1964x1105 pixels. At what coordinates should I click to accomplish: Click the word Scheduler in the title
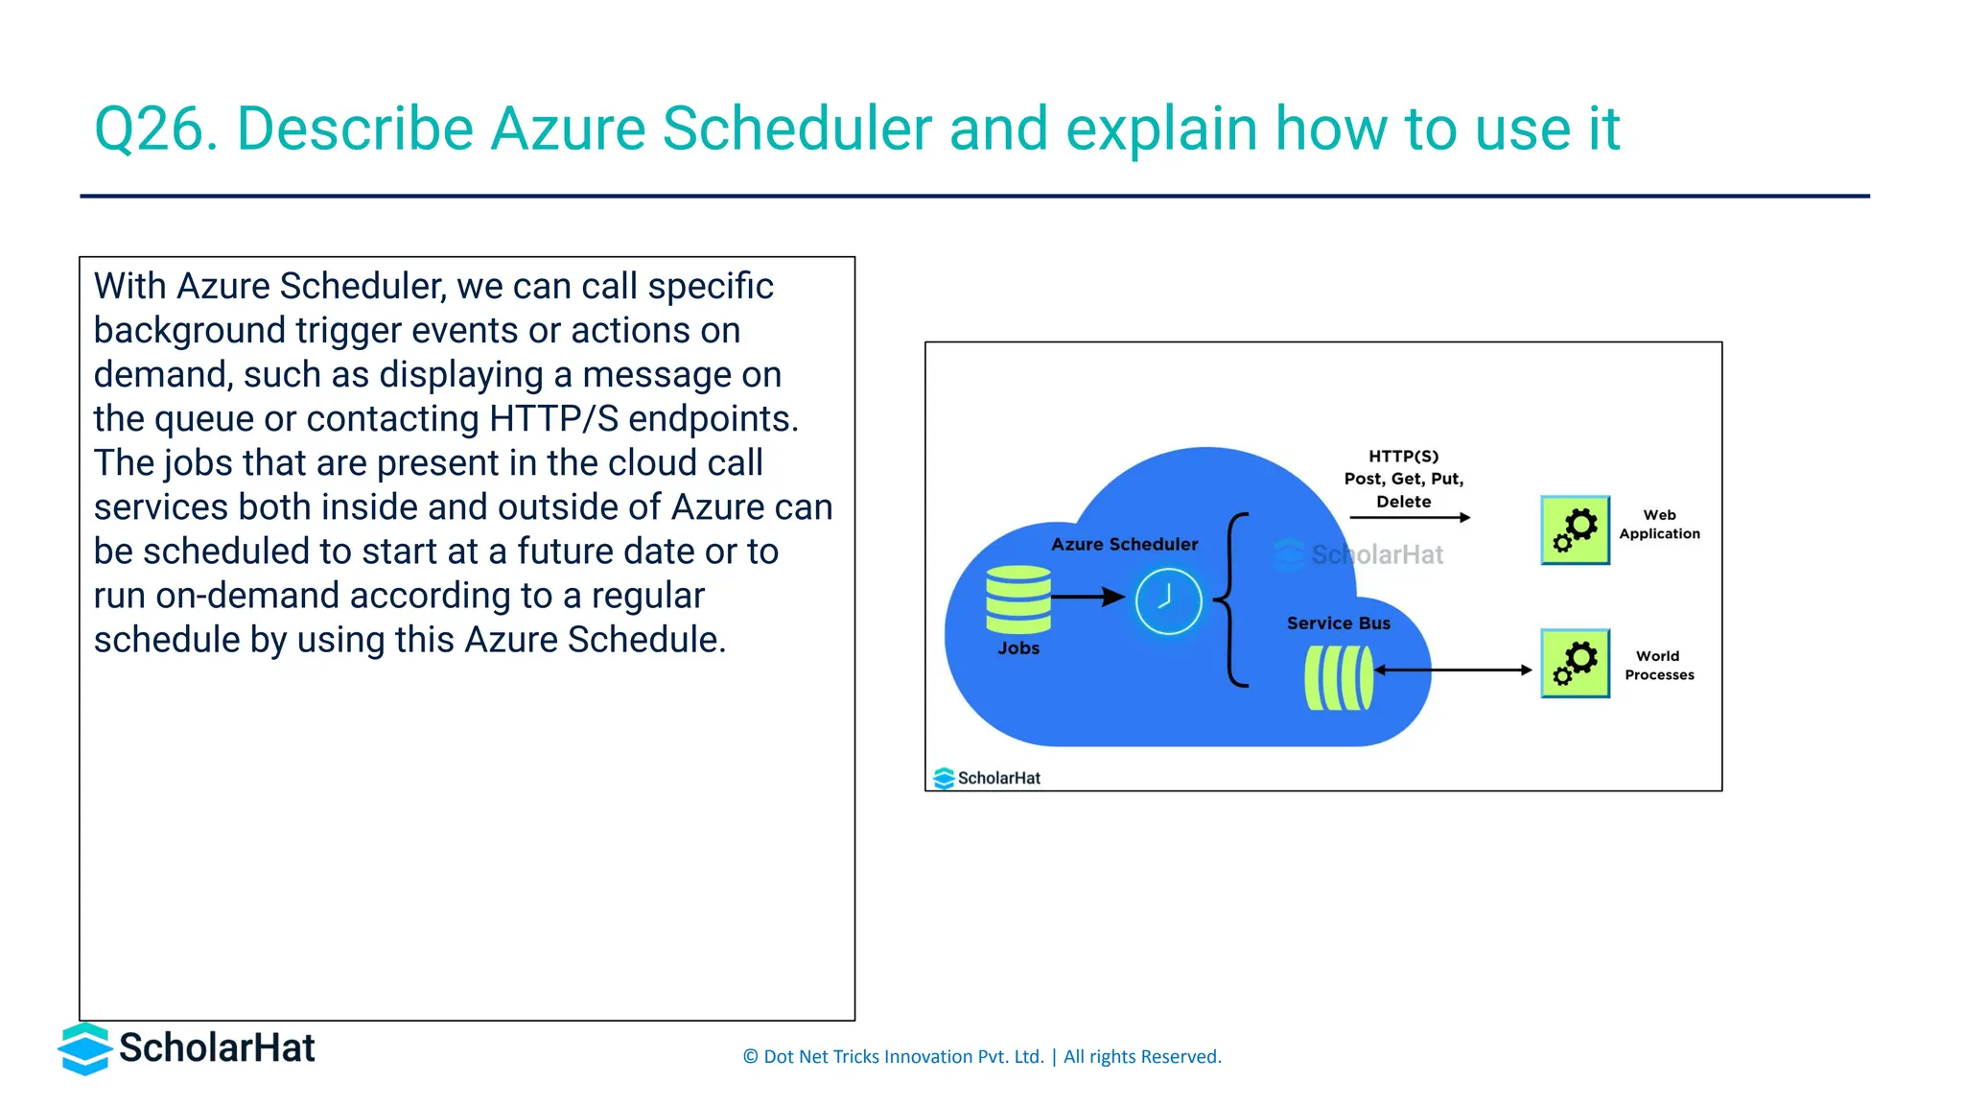(x=797, y=129)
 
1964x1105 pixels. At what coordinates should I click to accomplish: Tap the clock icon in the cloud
(x=1168, y=601)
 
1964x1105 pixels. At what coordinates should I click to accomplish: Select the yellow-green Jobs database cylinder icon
(x=1018, y=600)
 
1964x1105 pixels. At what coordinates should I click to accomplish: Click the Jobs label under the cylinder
(x=1018, y=648)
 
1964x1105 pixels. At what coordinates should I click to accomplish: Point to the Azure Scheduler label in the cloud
(x=1124, y=544)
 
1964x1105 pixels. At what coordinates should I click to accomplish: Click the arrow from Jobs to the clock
(x=1087, y=597)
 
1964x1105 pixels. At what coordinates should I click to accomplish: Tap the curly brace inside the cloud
(x=1233, y=600)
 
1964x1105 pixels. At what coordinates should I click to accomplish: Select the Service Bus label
(x=1338, y=623)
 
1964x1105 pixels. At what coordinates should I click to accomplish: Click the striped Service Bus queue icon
(x=1339, y=677)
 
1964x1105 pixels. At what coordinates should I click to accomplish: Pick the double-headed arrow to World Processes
(x=1453, y=670)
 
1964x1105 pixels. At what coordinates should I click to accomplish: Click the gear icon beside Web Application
(x=1575, y=530)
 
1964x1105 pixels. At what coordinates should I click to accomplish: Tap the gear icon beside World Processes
(x=1575, y=664)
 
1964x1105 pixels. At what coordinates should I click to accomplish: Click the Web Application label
(x=1659, y=525)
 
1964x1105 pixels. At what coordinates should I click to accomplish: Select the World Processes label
(x=1659, y=666)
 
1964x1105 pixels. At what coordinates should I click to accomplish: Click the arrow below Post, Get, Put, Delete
(x=1410, y=518)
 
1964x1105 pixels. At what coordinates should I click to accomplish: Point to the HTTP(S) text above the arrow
(x=1403, y=457)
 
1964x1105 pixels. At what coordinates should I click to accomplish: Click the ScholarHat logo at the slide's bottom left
(x=187, y=1048)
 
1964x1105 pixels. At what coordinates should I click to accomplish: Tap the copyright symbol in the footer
(x=750, y=1057)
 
